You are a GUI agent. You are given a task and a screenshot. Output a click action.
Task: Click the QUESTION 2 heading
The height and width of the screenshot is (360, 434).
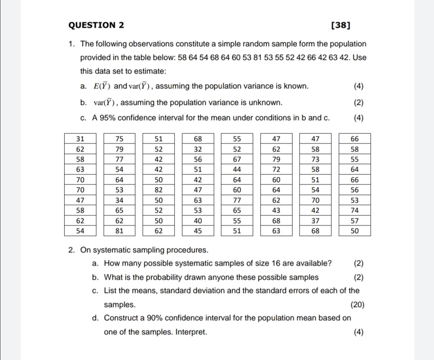coord(96,25)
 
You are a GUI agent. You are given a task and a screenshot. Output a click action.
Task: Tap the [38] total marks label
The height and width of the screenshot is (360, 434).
coord(340,25)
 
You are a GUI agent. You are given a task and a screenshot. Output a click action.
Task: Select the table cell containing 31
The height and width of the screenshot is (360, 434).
coord(80,139)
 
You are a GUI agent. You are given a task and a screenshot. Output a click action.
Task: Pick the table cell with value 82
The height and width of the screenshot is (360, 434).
coord(159,189)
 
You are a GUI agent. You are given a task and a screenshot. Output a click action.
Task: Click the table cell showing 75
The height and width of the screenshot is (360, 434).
coord(119,139)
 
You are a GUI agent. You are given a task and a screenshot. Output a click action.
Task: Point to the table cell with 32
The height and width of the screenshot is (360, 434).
coord(198,149)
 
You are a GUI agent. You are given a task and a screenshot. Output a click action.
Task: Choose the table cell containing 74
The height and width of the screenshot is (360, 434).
coord(354,210)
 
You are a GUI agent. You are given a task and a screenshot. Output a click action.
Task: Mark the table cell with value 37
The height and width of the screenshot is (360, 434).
coord(315,221)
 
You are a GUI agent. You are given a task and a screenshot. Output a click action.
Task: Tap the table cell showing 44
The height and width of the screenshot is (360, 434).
coord(237,170)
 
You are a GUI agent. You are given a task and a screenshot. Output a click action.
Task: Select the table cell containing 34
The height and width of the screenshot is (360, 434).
coord(119,200)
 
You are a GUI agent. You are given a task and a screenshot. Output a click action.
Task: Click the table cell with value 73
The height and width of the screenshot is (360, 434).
coord(315,160)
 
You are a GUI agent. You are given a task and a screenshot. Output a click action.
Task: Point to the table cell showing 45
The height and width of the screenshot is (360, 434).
coord(198,231)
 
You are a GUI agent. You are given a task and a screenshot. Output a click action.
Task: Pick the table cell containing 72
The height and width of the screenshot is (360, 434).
coord(276,170)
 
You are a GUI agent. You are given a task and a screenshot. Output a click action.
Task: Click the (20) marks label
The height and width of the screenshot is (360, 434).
coord(357,305)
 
